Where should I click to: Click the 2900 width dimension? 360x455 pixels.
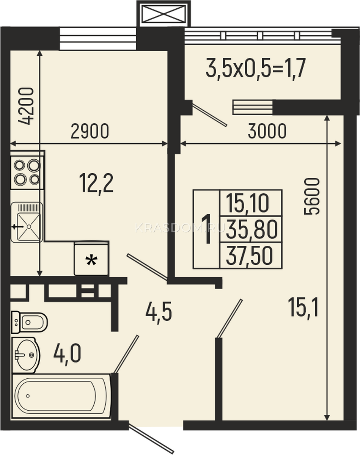tap(90, 131)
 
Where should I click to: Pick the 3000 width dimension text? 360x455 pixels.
tap(267, 131)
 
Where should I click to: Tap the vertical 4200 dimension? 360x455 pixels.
tap(26, 106)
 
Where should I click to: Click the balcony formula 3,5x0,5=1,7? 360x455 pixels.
tap(256, 68)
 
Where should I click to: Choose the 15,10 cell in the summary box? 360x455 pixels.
tap(247, 203)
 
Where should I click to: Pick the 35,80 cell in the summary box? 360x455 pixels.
tap(252, 229)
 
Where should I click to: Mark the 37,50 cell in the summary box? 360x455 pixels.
tap(249, 256)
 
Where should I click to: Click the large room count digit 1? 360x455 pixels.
tap(207, 229)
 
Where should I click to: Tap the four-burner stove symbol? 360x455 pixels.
tap(27, 172)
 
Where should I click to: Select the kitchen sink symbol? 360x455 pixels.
tap(27, 222)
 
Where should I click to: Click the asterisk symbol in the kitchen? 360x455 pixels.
tap(91, 260)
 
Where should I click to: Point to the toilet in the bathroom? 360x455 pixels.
tap(30, 322)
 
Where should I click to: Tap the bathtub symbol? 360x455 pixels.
tap(61, 396)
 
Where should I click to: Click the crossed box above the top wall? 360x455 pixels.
tap(163, 14)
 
